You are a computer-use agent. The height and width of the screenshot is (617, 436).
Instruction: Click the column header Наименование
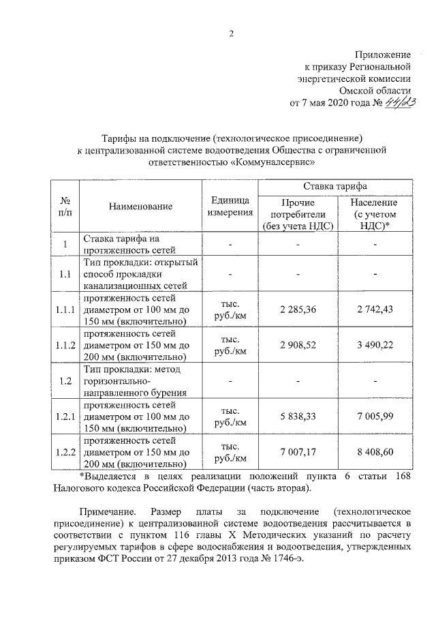point(140,207)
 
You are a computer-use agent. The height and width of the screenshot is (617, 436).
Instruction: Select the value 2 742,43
point(374,310)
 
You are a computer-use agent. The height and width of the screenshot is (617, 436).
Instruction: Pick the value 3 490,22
point(374,346)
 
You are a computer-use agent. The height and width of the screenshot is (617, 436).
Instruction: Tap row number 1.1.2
point(65,346)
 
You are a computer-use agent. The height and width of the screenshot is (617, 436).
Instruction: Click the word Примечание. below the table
point(108,511)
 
